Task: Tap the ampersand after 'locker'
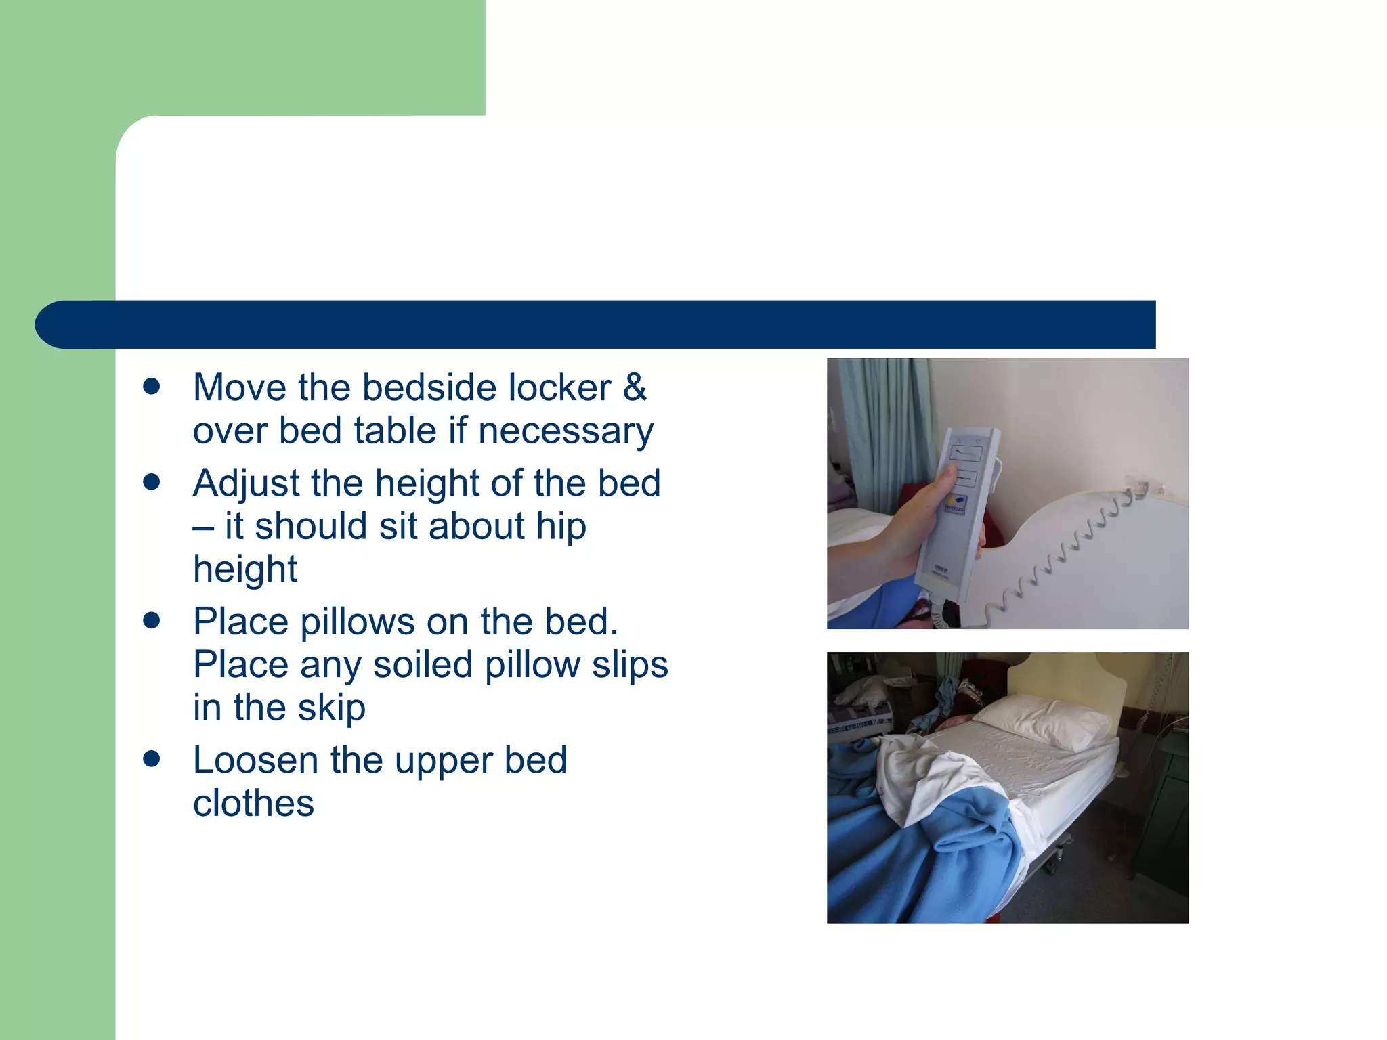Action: pyautogui.click(x=635, y=388)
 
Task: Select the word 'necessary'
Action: pyautogui.click(x=566, y=431)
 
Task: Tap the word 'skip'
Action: pyautogui.click(x=331, y=708)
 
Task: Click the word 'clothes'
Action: pyautogui.click(x=253, y=804)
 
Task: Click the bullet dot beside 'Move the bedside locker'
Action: pyautogui.click(x=152, y=387)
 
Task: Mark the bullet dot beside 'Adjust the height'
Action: pyautogui.click(x=152, y=482)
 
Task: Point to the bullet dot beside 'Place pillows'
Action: pyautogui.click(x=152, y=621)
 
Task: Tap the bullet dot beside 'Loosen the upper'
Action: pyautogui.click(x=152, y=759)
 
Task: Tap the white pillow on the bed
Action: pyautogui.click(x=1040, y=722)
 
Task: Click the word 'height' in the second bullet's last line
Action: pyautogui.click(x=245, y=569)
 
